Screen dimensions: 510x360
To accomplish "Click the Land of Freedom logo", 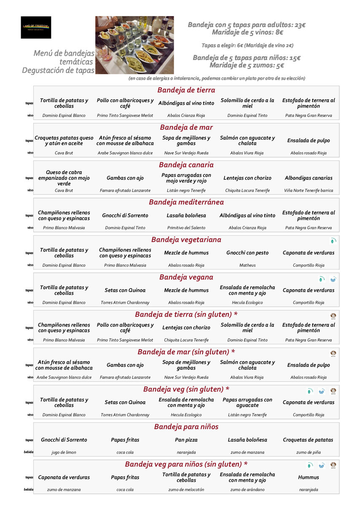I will (x=36, y=27).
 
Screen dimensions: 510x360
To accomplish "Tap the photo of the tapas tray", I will (x=134, y=45).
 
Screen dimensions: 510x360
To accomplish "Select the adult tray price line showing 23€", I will (x=247, y=25).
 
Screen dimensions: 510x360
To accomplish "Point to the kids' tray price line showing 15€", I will (x=247, y=58).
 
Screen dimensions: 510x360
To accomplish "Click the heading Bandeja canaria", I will (x=186, y=165).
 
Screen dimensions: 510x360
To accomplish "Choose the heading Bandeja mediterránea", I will (x=186, y=202).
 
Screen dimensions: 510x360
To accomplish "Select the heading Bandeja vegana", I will (x=186, y=277).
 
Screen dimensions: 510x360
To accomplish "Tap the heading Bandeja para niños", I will (x=186, y=427).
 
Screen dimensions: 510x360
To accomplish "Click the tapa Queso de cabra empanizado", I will (x=64, y=178).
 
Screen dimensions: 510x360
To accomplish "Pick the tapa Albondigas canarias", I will (x=309, y=178).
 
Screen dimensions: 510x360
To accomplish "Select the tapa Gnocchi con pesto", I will (x=247, y=253).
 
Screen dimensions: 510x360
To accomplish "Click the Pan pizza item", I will (x=186, y=440).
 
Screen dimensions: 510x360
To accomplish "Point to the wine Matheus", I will (x=247, y=265).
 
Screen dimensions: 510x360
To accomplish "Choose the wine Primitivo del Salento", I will (x=186, y=228).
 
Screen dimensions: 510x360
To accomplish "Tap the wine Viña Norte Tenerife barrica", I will (x=309, y=191).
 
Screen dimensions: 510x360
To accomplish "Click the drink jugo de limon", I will (x=64, y=452).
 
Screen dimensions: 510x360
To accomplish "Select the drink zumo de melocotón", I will (x=186, y=490).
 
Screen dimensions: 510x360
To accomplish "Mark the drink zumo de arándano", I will (x=247, y=490).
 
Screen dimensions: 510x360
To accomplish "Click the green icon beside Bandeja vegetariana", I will (x=333, y=241).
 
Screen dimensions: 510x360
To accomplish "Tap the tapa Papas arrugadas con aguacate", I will (x=247, y=402).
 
